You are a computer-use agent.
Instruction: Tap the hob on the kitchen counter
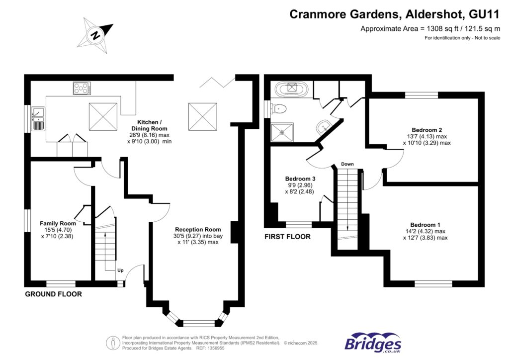83,89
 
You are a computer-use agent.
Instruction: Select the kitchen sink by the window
38,118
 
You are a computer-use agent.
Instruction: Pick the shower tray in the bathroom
283,132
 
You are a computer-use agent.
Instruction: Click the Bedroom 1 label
425,224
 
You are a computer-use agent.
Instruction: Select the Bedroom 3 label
300,179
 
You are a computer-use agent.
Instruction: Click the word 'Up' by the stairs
120,271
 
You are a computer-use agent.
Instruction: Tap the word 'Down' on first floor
347,164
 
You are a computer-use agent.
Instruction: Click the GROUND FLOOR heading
53,294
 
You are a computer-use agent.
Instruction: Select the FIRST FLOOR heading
287,237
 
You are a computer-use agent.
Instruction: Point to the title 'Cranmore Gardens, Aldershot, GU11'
395,14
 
